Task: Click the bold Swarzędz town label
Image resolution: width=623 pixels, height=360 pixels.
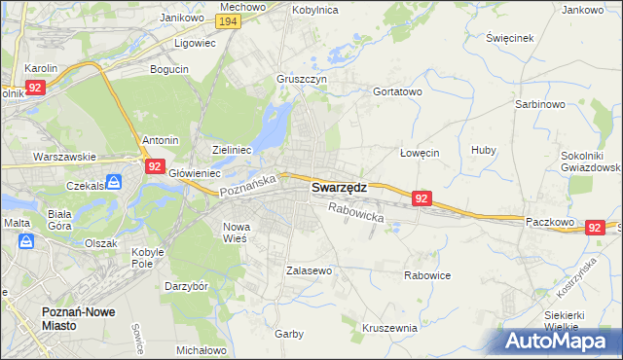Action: pos(339,189)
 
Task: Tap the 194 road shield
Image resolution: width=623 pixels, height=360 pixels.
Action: pos(229,21)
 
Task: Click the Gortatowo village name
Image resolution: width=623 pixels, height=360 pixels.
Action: pos(397,91)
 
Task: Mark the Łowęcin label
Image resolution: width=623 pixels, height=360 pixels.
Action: pos(421,153)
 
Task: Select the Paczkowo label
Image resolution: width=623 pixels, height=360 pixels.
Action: pos(548,221)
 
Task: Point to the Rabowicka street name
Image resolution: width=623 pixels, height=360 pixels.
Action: pos(356,213)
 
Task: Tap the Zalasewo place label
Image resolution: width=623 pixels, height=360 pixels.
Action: pos(310,270)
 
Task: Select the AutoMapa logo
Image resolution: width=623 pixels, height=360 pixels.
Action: pos(562,342)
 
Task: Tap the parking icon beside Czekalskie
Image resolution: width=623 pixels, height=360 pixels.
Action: pos(115,182)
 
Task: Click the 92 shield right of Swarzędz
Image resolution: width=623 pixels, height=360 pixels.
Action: pos(421,198)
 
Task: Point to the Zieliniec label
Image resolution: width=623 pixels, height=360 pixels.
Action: pos(233,150)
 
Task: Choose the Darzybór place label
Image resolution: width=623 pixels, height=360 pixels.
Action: pos(187,287)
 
